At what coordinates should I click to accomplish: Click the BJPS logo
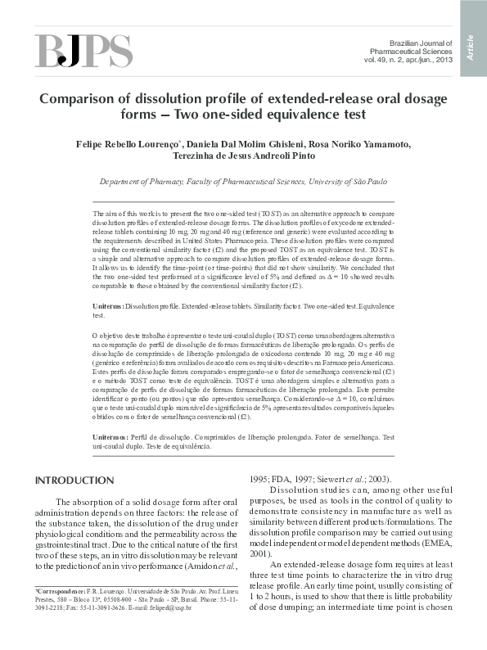83,52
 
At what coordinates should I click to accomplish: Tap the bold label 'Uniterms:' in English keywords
110,305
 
